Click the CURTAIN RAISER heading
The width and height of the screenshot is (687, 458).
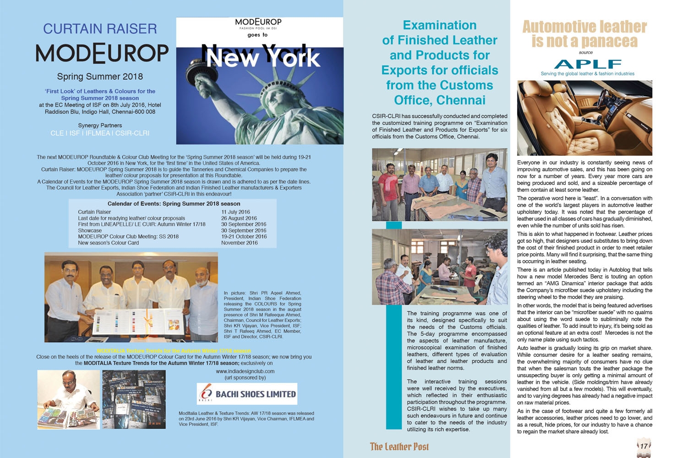point(100,29)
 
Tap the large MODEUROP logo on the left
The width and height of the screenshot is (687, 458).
point(102,53)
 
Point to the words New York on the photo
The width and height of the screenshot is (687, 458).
point(263,58)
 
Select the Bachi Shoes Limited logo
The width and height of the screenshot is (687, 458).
point(247,394)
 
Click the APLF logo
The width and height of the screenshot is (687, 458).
point(587,64)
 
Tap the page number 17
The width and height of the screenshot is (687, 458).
point(644,446)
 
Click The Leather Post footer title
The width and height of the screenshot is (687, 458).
point(399,447)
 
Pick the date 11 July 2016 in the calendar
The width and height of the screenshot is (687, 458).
point(235,212)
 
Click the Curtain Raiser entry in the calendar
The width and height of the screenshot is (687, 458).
point(94,212)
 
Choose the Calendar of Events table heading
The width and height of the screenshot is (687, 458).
point(174,204)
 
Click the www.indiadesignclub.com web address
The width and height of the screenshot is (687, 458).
point(245,371)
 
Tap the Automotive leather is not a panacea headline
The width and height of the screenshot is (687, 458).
point(584,34)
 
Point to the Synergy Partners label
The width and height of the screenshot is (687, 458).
point(100,125)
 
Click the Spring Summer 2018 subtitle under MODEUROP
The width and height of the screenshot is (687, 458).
point(100,76)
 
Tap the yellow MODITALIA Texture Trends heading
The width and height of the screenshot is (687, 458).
point(174,351)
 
